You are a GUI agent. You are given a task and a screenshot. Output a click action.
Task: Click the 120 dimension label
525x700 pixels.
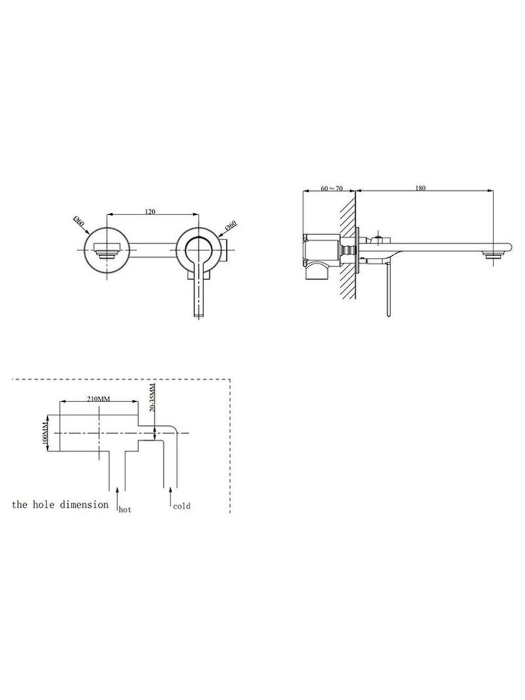click(150, 212)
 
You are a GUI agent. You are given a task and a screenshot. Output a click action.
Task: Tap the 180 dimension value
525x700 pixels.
click(421, 188)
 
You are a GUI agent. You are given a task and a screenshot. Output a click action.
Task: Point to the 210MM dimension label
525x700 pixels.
click(99, 399)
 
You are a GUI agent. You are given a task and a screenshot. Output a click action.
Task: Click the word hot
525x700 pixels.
click(125, 510)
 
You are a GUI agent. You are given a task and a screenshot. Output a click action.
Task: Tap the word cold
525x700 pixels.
click(182, 506)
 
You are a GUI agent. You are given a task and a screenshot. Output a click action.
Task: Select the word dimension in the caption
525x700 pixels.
click(84, 505)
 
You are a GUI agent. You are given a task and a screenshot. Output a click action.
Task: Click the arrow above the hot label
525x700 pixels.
click(118, 499)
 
